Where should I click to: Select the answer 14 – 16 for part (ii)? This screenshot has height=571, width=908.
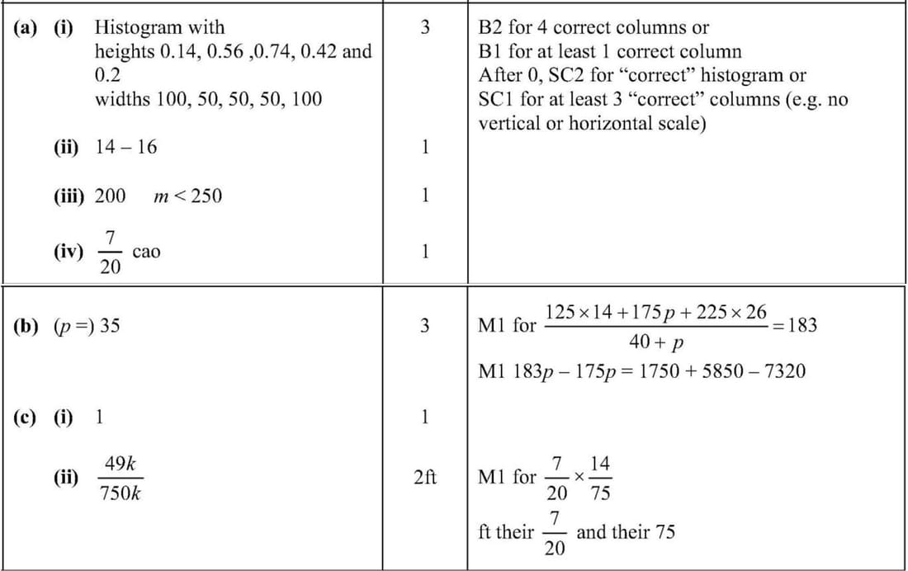[125, 147]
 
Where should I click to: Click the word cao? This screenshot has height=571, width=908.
[146, 252]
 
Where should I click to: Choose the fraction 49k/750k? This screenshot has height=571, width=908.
[120, 479]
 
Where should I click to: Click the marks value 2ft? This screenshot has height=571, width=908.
[424, 478]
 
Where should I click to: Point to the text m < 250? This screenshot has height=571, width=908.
[187, 196]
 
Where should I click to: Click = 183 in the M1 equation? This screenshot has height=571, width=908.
[794, 325]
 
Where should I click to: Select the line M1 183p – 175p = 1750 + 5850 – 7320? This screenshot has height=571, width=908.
[641, 371]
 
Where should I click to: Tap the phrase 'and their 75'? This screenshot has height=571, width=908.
[625, 532]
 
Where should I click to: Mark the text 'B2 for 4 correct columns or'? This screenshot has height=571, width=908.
[594, 28]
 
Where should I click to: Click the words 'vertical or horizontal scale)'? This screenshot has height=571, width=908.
[592, 124]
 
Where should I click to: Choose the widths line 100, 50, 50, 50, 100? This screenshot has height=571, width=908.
[208, 100]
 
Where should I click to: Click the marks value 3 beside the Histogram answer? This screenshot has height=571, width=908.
[424, 28]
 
